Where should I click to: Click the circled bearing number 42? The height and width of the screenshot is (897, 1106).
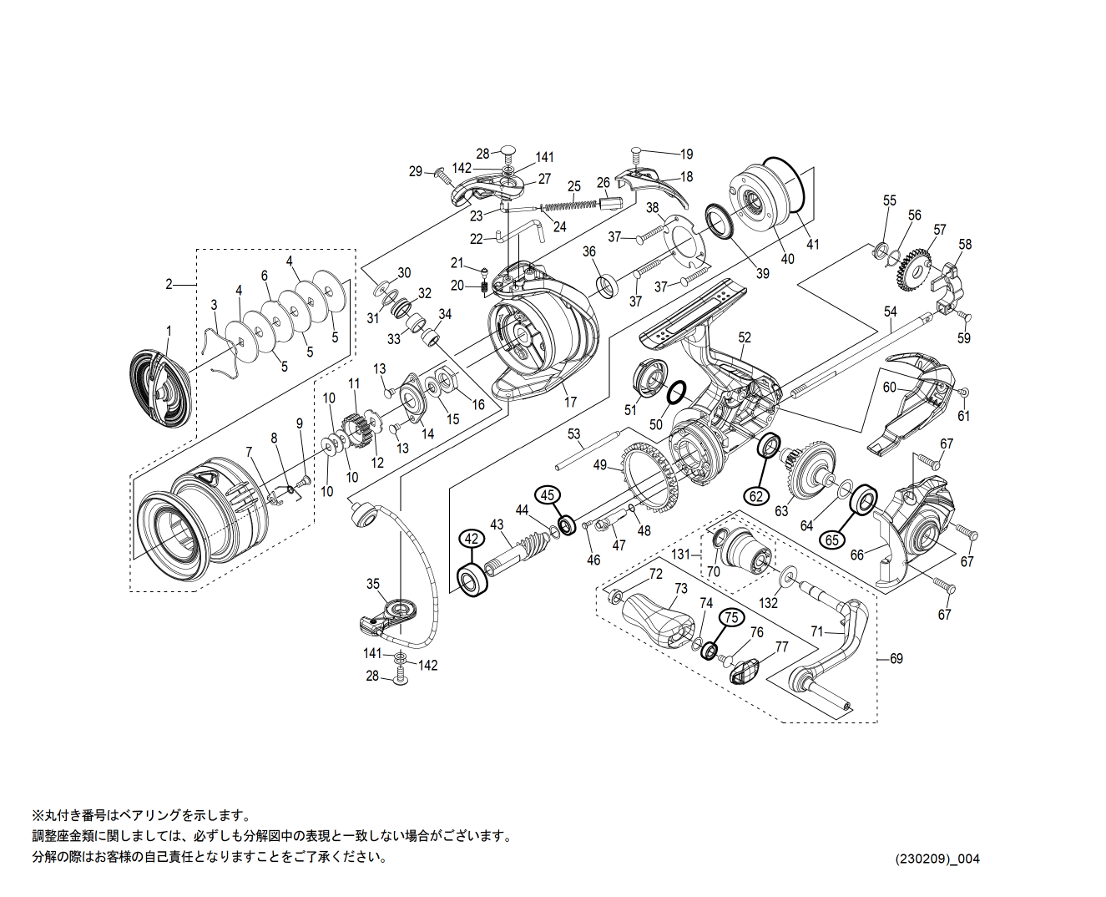point(472,539)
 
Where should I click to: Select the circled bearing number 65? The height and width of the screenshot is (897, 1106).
point(831,540)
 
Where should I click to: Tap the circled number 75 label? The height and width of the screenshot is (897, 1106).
point(731,617)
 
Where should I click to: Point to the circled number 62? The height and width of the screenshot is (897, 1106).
point(756,495)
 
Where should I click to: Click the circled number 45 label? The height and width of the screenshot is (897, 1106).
point(548,495)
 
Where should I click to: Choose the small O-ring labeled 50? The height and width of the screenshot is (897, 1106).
point(677,392)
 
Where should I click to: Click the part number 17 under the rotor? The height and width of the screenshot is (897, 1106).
point(571,402)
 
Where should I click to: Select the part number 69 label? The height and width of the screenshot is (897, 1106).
point(896,659)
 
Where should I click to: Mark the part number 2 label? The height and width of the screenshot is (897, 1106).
point(169,284)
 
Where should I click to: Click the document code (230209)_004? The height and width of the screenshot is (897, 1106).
point(937,859)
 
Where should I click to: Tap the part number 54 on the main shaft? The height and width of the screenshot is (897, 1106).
point(891,312)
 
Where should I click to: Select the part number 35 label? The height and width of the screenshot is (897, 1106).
point(373,585)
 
